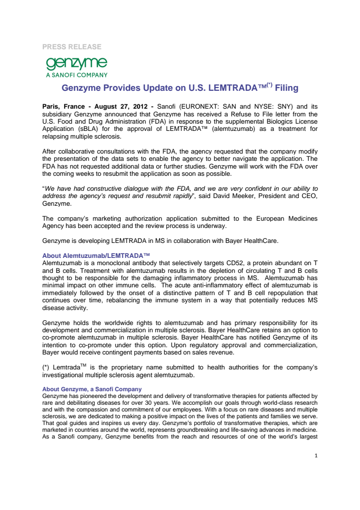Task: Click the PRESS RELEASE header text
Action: [71, 47]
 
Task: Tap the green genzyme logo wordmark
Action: [76, 63]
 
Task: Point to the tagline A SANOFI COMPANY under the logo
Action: [77, 75]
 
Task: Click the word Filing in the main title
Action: [286, 88]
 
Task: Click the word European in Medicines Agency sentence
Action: [262, 219]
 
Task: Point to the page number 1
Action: [316, 455]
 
